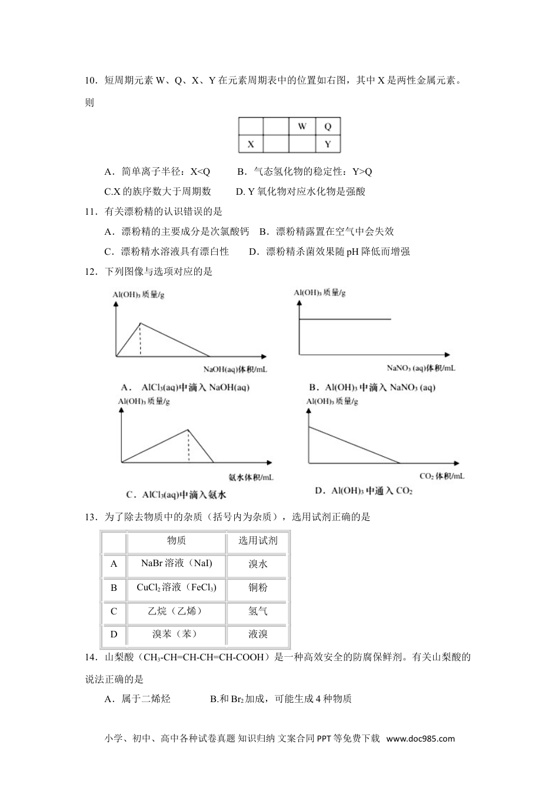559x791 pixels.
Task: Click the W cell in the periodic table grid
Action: click(302, 127)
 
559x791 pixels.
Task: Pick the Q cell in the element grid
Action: click(328, 127)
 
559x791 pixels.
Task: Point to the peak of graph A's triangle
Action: click(140, 323)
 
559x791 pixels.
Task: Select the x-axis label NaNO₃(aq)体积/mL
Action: click(421, 368)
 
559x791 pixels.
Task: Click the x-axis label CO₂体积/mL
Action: click(441, 476)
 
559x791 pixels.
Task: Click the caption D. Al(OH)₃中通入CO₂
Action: click(364, 491)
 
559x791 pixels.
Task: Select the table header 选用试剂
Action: click(258, 540)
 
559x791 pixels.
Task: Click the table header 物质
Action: click(177, 540)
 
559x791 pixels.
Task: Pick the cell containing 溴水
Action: click(258, 564)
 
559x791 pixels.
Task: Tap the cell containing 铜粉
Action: click(258, 587)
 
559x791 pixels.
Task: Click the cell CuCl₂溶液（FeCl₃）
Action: click(177, 587)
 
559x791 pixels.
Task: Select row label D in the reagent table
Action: click(114, 634)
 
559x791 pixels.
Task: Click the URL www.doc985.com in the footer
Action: click(421, 739)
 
